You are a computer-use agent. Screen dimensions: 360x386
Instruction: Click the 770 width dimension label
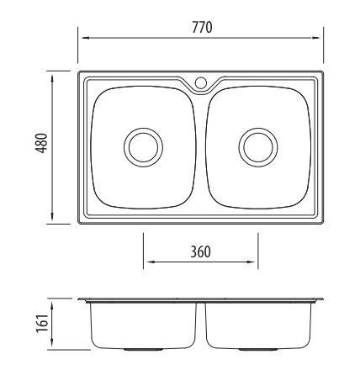202,28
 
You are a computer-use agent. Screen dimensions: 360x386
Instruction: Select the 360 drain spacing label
200,251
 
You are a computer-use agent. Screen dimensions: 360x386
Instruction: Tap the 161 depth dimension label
42,324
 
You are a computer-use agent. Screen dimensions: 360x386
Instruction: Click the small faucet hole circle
201,82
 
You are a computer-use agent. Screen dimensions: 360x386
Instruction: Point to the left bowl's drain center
143,147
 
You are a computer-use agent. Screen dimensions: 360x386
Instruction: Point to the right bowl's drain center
258,147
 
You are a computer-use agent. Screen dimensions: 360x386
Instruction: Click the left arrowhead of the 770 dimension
84,38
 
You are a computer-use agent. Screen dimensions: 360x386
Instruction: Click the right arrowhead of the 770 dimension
316,38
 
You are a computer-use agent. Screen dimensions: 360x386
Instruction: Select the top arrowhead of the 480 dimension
52,78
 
